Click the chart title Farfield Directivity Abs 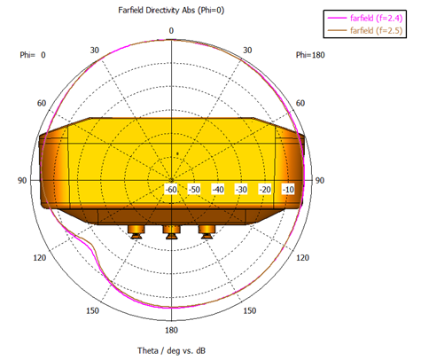157,11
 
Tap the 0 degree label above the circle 171,31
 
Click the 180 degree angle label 171,330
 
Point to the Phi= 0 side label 33,55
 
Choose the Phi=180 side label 310,55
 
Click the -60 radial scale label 171,190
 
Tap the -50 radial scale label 194,190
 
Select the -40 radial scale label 218,190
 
